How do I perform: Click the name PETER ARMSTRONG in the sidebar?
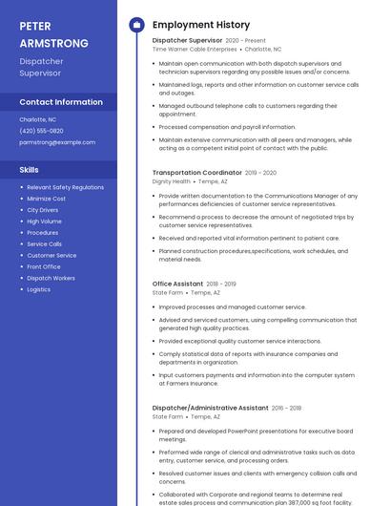[53, 34]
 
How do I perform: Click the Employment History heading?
[200, 25]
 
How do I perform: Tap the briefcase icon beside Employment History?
[136, 25]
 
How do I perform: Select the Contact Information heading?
[61, 102]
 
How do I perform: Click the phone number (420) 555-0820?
[41, 131]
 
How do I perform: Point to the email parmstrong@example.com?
[57, 142]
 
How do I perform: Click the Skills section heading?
[30, 170]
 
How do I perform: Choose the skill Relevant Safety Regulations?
[65, 187]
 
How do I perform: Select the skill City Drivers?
[42, 210]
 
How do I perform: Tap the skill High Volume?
[44, 221]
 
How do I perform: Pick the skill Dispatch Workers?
[51, 278]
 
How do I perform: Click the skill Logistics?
[38, 289]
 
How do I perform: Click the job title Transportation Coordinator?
[196, 173]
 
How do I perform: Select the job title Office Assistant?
[177, 284]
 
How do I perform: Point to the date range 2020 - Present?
[246, 41]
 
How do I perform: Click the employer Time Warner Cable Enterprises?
[195, 49]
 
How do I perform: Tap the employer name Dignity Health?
[172, 180]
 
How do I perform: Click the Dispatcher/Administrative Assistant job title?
[210, 408]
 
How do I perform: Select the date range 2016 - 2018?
[286, 408]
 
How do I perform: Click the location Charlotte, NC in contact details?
[38, 119]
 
